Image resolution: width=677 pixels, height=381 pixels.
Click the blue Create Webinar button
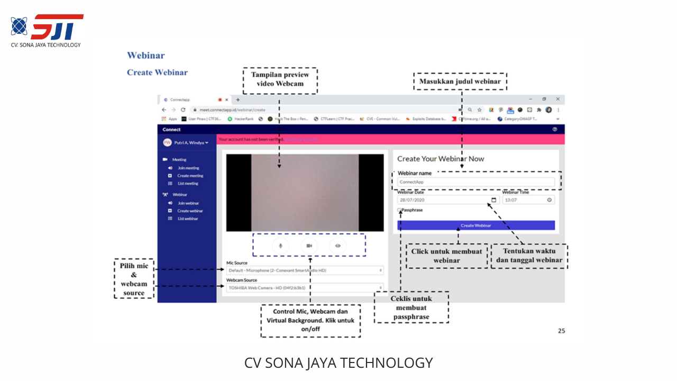(475, 225)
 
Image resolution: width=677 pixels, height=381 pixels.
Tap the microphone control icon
(281, 246)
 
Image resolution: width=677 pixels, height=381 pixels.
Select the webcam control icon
(309, 246)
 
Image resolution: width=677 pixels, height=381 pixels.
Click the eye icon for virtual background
(338, 246)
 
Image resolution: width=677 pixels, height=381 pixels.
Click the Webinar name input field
(476, 182)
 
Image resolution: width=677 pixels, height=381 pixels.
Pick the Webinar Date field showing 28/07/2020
(447, 200)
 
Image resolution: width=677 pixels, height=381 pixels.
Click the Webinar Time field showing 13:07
(528, 200)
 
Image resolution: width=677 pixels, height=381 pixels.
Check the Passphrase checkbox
(399, 210)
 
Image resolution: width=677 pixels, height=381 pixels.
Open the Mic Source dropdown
(304, 270)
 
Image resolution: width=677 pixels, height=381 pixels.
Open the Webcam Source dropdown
(304, 288)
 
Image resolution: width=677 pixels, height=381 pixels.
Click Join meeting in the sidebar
(188, 168)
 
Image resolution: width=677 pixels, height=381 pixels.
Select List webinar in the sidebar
(188, 219)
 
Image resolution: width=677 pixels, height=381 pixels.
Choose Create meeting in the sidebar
(190, 176)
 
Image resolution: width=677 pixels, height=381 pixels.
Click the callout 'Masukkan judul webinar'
(460, 81)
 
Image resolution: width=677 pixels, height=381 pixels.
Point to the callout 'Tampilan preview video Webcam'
(280, 80)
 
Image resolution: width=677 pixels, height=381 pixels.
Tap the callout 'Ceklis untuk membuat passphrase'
(411, 307)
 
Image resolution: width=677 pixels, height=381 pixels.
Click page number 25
(561, 331)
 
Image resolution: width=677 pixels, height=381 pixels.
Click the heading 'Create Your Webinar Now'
(441, 159)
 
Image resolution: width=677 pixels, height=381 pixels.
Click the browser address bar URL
(232, 110)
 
